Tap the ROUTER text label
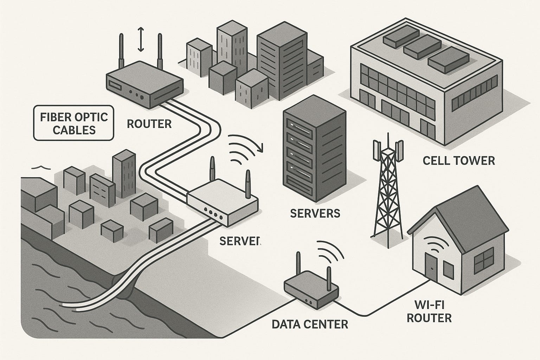point(149,124)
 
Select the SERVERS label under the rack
point(315,213)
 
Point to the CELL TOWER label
point(458,161)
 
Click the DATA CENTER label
point(310,323)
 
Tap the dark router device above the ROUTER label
point(145,84)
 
